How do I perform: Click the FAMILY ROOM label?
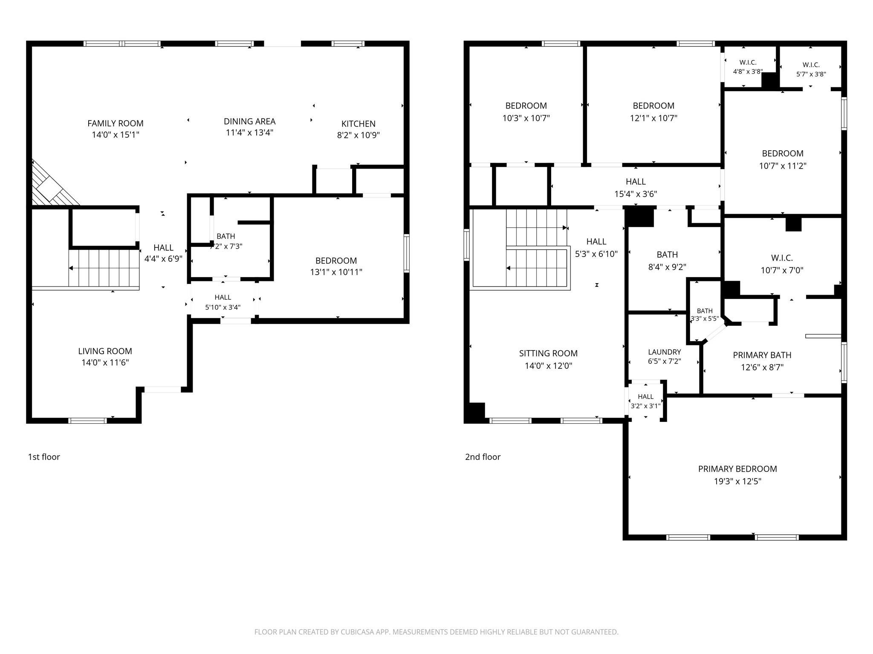(x=116, y=123)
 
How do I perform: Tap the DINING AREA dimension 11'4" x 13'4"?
(x=249, y=132)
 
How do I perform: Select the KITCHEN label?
(x=358, y=124)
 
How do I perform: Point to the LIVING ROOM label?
(x=105, y=351)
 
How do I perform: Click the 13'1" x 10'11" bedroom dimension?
(x=336, y=272)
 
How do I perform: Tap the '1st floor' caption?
(x=44, y=457)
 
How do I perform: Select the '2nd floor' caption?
(x=483, y=457)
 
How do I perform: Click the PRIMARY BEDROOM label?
(x=737, y=469)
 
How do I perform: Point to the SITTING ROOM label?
(x=548, y=353)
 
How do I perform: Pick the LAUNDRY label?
(x=665, y=352)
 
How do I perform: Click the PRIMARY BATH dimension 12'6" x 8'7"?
(x=762, y=367)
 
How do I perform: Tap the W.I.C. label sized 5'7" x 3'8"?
(x=811, y=65)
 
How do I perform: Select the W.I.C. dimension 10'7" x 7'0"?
(x=782, y=270)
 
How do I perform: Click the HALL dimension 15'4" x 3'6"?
(x=636, y=194)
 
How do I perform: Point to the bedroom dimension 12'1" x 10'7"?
(x=653, y=118)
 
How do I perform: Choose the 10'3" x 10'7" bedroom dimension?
(x=526, y=118)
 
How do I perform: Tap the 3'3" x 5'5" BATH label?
(x=705, y=311)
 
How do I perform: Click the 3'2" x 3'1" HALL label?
(x=646, y=397)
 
